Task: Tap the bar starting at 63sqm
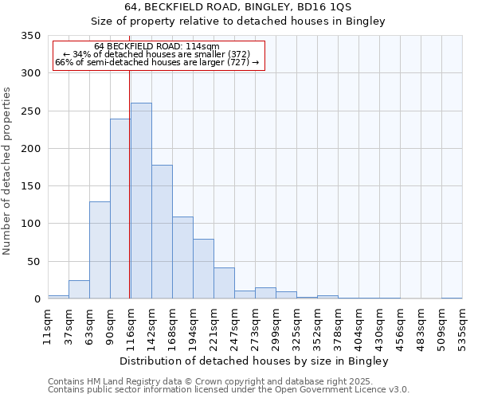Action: [x=100, y=250]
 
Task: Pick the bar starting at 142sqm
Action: [x=162, y=232]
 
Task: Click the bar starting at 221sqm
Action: [x=224, y=283]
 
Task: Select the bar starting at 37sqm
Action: [x=79, y=290]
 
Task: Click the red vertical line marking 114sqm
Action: [x=129, y=183]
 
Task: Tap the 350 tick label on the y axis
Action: [x=30, y=36]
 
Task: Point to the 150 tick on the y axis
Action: [x=30, y=186]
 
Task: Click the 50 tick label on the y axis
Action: [x=33, y=261]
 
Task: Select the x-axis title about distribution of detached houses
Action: [x=255, y=361]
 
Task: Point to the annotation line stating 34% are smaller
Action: [x=157, y=55]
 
